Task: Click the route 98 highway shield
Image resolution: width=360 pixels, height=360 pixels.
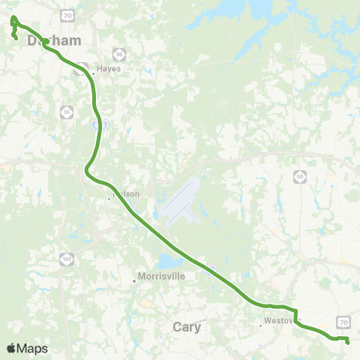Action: click(x=118, y=54)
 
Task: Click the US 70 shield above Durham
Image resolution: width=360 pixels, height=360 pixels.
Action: click(x=68, y=14)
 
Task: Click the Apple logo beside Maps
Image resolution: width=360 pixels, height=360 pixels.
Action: click(x=11, y=348)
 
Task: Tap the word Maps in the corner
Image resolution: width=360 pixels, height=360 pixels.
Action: click(x=32, y=348)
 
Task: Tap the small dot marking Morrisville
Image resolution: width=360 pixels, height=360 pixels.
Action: click(x=135, y=280)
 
